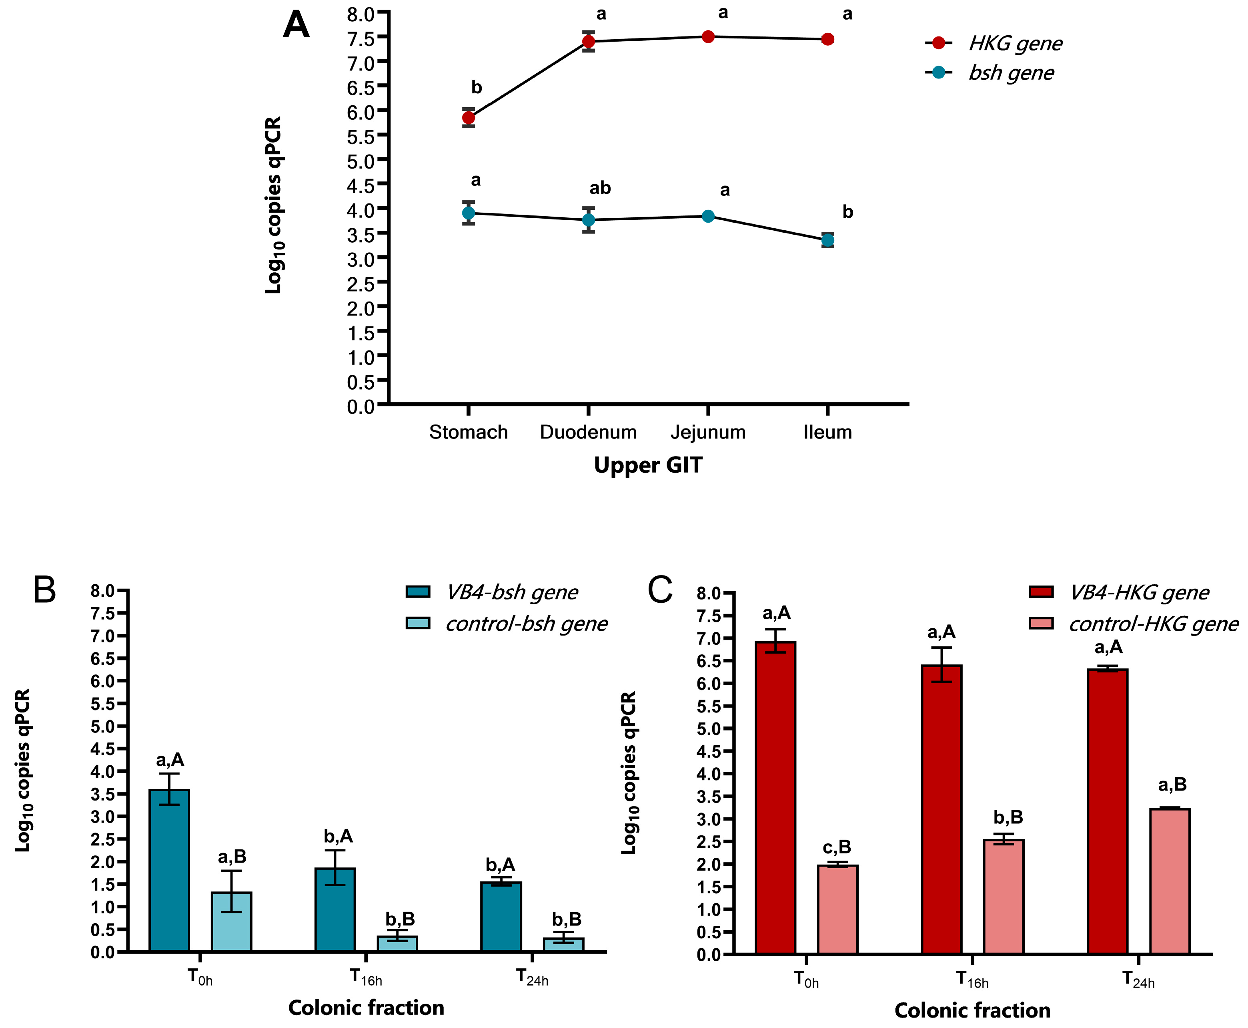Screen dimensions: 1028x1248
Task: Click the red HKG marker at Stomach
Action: [468, 117]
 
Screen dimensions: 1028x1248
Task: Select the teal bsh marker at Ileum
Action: [827, 240]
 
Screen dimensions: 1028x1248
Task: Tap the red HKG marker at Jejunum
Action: [708, 37]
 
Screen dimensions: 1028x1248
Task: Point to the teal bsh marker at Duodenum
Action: [588, 220]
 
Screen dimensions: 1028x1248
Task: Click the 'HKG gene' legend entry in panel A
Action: [1014, 43]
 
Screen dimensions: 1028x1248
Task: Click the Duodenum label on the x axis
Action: [588, 432]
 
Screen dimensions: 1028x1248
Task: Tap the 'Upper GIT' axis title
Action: [648, 465]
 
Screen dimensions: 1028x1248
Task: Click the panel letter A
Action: [296, 25]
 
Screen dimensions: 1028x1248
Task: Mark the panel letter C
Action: [660, 590]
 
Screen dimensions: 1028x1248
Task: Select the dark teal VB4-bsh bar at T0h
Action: [169, 871]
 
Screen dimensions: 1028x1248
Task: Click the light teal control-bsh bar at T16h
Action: [398, 944]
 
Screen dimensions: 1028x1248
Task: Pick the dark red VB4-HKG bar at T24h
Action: [1108, 811]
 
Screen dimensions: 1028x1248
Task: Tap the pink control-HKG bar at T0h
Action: [837, 909]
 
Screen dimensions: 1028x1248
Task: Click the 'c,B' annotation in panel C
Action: [837, 847]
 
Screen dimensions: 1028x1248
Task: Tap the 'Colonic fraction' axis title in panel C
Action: [972, 1010]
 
